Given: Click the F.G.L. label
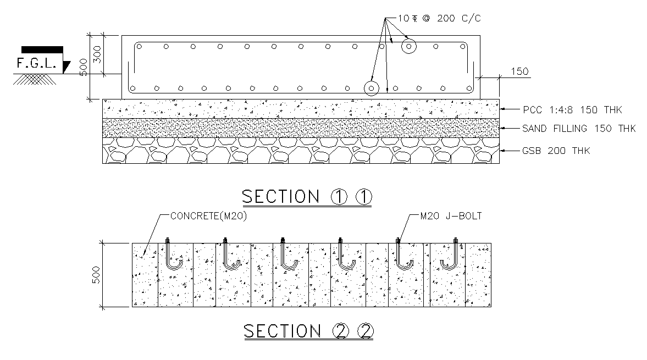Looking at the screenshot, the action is coord(36,63).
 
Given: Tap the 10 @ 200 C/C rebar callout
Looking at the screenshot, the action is coord(439,18).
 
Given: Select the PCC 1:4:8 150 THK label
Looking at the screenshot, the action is coord(572,110).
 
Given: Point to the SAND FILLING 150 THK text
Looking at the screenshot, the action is coord(579,129).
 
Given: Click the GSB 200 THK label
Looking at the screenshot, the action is coord(556,151).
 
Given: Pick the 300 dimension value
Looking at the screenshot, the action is coord(97,54).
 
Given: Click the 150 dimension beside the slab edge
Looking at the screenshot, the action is coord(519,71).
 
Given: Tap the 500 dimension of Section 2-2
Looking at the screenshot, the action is coord(96,275).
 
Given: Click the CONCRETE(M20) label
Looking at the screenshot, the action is coord(208,216).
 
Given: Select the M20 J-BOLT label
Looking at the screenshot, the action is coord(451,216).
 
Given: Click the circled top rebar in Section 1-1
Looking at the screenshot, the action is coord(409,47).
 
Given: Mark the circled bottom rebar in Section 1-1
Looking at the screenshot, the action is coord(372,88).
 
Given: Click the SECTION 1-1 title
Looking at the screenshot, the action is coord(307,197).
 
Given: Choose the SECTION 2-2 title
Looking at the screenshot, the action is coord(308,331).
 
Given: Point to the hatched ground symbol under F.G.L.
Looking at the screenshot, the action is coord(35,79).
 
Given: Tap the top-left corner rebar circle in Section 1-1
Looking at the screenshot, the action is coord(139,47).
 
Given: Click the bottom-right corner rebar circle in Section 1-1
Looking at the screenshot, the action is coord(469,88).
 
